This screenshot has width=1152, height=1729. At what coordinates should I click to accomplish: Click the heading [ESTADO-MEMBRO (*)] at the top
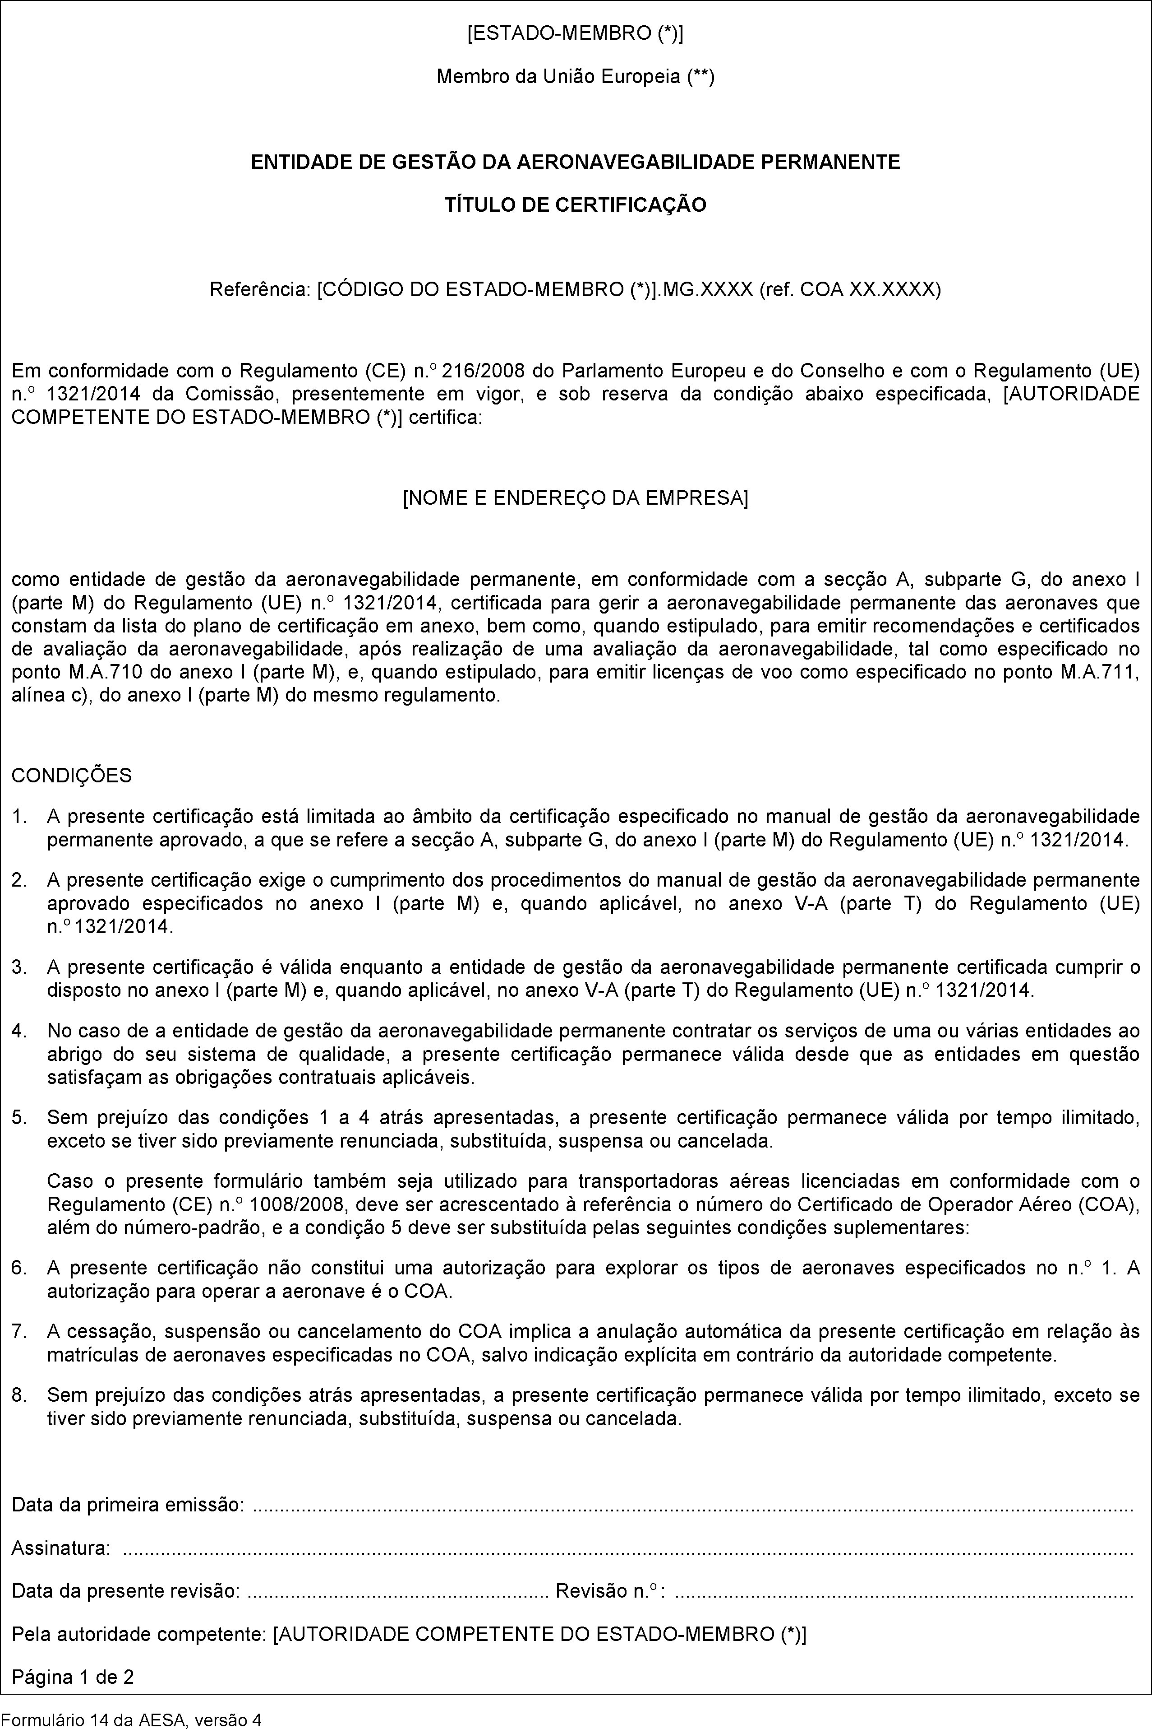click(575, 34)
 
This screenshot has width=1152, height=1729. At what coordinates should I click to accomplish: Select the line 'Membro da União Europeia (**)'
click(575, 76)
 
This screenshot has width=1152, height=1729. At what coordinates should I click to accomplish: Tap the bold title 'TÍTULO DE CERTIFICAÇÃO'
click(575, 205)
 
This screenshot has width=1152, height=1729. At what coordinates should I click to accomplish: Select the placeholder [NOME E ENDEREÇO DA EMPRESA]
click(575, 498)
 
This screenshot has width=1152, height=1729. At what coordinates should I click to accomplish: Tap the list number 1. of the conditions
click(20, 817)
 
